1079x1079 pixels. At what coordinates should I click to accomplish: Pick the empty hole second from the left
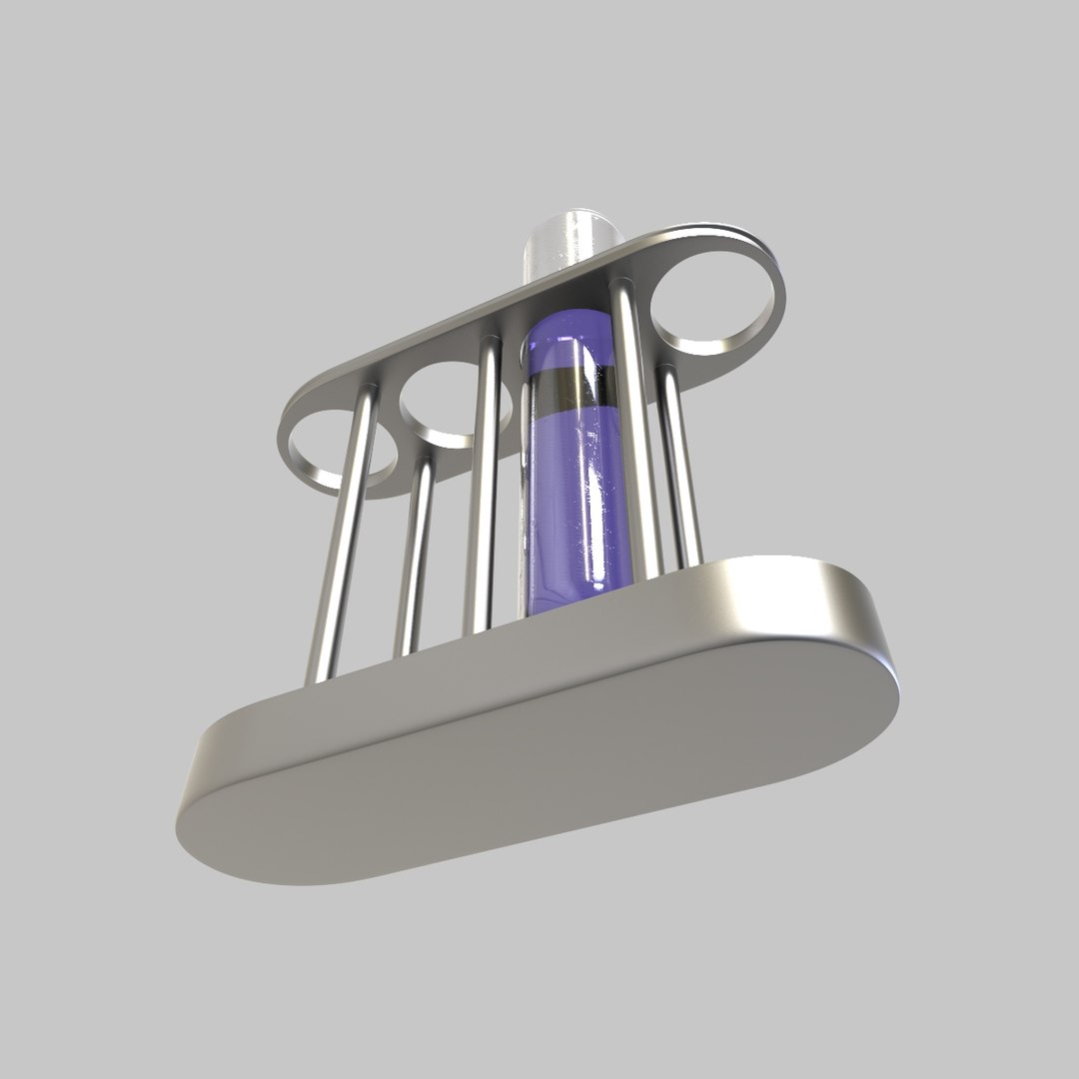[452, 400]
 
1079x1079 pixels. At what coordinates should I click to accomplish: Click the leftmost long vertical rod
[345, 539]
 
